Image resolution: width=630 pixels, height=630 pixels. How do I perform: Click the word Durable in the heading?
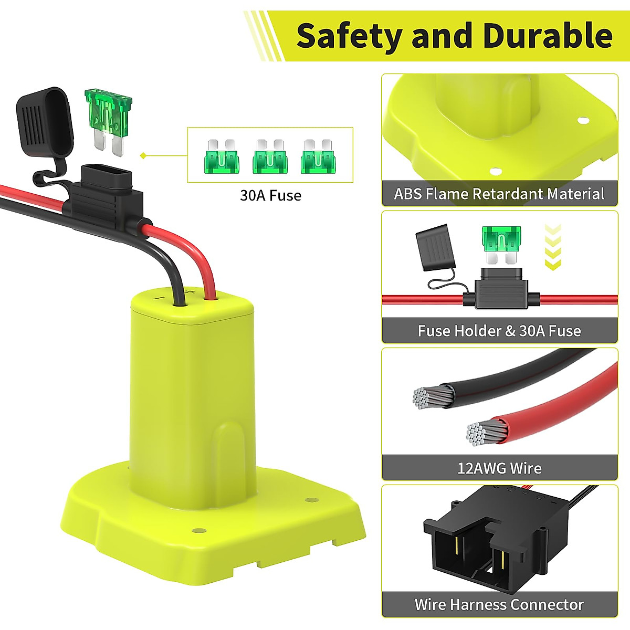[547, 36]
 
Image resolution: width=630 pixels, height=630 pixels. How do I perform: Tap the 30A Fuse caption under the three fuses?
[270, 195]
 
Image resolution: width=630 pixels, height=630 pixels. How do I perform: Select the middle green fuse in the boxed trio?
[270, 156]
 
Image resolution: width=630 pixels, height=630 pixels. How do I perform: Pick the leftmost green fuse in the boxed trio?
[221, 156]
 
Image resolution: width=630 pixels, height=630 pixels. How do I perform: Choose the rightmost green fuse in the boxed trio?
[318, 156]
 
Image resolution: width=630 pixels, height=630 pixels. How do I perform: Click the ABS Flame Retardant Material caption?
[499, 194]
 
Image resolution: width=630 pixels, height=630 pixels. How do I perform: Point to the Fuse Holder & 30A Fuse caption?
[499, 331]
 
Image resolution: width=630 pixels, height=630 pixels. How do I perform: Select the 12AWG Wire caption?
[499, 468]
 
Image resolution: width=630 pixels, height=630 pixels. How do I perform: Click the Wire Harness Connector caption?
[499, 604]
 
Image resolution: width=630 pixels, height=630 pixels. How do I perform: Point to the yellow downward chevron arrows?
[553, 247]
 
